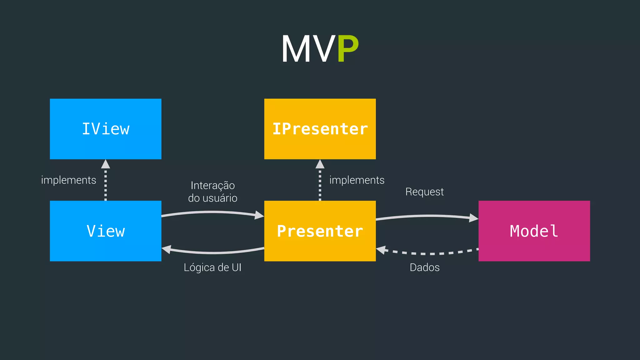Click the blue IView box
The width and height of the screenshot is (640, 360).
pos(106,129)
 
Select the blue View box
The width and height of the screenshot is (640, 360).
pos(106,231)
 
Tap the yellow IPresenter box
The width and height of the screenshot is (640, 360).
pos(320,129)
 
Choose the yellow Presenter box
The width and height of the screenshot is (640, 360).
pos(320,231)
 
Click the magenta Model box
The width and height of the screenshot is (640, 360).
pos(534,231)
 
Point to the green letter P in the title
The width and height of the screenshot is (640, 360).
pos(347,49)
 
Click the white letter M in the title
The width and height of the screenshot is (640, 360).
pos(297,49)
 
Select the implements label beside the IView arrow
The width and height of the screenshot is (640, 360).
pos(68,180)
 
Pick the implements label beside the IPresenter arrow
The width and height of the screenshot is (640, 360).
pos(357,180)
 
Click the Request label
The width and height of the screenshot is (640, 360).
pos(424,192)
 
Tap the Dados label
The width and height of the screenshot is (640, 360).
pos(424,267)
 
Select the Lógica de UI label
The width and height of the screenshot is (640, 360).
pos(212,267)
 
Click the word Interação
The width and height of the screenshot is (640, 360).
pos(212,185)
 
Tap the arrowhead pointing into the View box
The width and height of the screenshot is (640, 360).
pos(167,249)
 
